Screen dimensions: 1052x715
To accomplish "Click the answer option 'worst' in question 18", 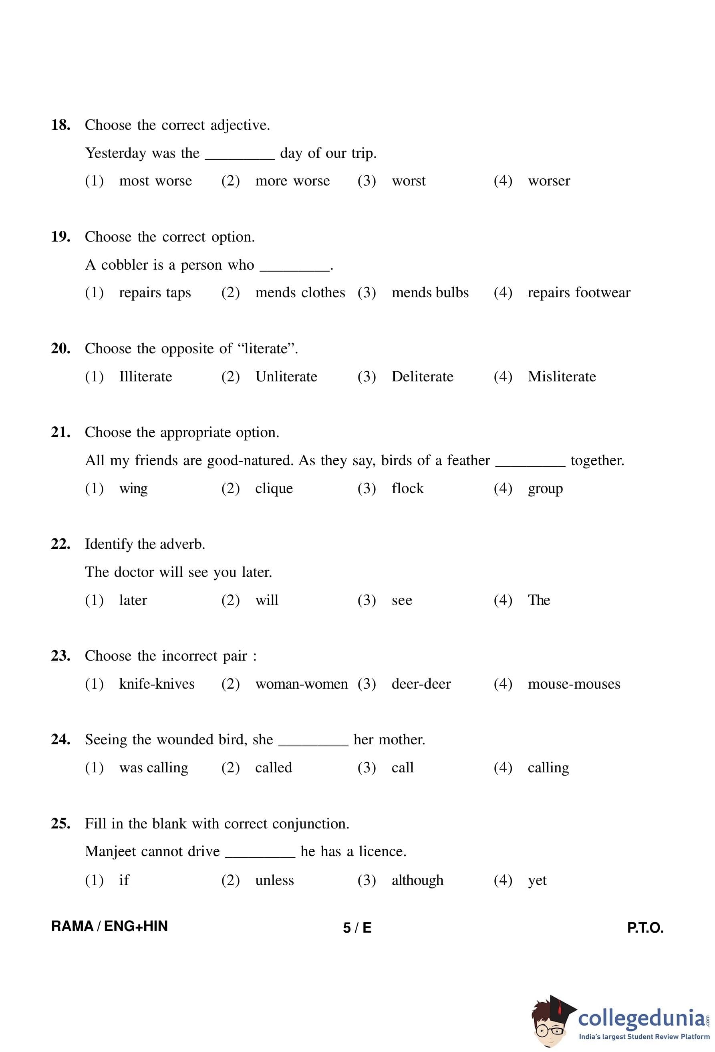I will point(408,181).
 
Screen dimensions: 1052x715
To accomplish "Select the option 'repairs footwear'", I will point(578,293).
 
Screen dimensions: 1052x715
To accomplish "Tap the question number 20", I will point(60,349).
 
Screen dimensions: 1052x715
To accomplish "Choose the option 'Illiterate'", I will point(145,377).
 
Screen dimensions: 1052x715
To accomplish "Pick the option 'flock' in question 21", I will point(407,488).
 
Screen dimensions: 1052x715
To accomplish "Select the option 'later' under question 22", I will point(133,600).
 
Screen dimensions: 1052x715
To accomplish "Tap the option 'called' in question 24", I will point(273,768).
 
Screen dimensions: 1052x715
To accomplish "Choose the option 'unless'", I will point(274,881).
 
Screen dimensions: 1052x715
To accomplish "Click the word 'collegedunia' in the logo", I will point(641,1019).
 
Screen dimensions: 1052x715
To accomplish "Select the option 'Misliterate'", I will point(561,377).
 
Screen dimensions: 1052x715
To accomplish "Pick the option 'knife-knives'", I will point(157,684).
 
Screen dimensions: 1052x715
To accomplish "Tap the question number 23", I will point(60,656).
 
